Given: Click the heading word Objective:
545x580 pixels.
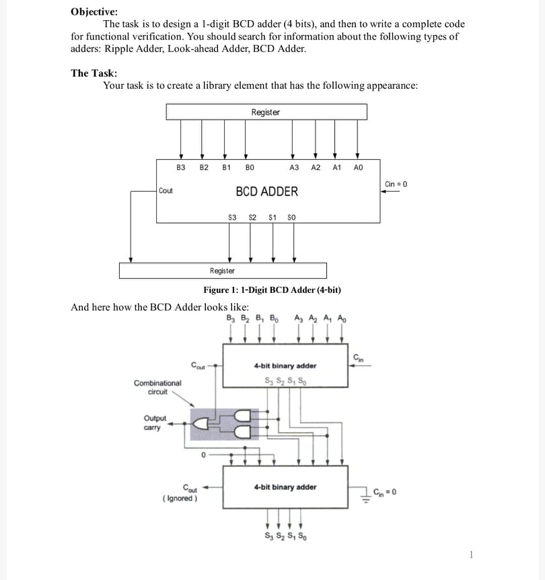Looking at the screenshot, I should tap(94, 11).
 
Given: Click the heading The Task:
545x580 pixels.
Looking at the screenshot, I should tap(94, 73).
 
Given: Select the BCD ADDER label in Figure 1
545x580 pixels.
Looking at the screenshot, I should tap(266, 192).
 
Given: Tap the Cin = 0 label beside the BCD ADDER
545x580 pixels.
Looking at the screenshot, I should tap(396, 183).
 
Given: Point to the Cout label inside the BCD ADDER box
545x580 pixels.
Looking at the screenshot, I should tap(166, 191).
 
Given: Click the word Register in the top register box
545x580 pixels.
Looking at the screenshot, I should tap(265, 112).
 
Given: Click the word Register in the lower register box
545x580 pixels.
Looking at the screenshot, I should tap(222, 271).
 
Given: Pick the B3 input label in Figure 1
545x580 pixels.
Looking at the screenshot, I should tap(180, 167).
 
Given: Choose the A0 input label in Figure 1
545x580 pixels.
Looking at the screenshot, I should tap(358, 167).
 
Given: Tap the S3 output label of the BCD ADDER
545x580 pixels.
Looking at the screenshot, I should tap(233, 217).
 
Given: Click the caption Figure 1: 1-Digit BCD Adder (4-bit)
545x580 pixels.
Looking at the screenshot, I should tap(272, 290).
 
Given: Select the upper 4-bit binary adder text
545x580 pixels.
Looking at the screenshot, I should tap(285, 366).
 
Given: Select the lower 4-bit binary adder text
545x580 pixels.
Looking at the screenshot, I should tap(285, 487).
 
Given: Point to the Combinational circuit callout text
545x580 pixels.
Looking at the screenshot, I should tap(157, 386).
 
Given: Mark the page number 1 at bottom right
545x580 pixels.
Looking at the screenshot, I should tap(472, 554).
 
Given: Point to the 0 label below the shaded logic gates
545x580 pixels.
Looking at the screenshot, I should tap(201, 455).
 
